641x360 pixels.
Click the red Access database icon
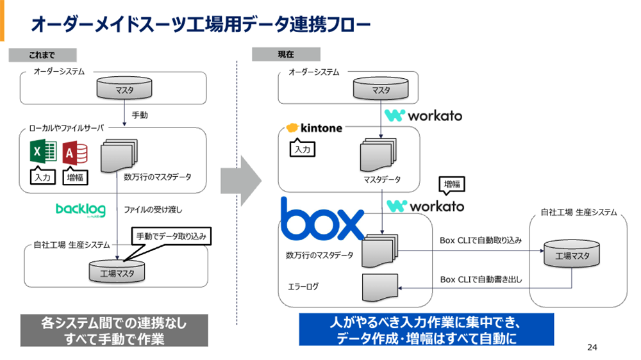[x=76, y=152]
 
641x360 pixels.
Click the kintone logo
[x=315, y=128]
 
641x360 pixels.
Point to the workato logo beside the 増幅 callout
[x=424, y=206]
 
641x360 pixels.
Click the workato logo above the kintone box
[x=422, y=115]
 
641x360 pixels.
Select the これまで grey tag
[x=42, y=55]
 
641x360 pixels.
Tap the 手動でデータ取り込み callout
[x=171, y=236]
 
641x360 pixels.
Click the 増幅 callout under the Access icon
[x=76, y=177]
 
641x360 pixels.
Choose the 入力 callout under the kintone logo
[x=301, y=149]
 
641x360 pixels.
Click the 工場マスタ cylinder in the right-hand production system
[x=572, y=255]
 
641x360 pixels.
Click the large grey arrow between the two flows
[x=241, y=181]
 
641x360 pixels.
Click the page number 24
[x=592, y=348]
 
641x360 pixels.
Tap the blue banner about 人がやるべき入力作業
[x=426, y=330]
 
